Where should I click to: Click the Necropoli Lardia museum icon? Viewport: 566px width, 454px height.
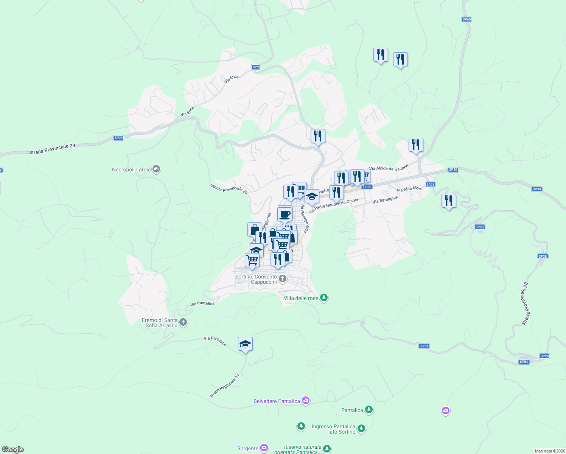coord(156,169)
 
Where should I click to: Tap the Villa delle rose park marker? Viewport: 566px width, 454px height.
coord(323,298)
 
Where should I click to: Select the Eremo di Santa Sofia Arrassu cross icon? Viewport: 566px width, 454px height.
coord(183,323)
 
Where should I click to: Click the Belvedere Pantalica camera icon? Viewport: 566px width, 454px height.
coord(306,401)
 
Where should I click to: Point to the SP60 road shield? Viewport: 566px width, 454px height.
coord(466,19)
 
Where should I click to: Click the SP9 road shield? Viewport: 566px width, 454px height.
coord(256,67)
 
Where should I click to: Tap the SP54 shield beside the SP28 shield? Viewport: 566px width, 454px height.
coord(524,362)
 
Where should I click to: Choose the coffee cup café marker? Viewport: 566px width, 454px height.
coord(285,215)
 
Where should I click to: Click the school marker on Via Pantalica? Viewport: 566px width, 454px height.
coord(245,344)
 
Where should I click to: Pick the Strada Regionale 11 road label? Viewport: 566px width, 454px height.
coord(225,386)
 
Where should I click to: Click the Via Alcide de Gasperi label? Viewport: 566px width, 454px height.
coord(389,168)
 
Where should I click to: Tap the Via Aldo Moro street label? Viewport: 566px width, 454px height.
coord(410,189)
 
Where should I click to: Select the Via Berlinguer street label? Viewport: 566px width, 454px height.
coord(385,199)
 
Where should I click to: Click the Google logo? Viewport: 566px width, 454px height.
coord(12,449)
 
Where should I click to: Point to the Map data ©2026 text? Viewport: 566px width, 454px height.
coord(550,451)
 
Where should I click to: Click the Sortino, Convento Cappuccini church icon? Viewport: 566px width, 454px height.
coord(282,280)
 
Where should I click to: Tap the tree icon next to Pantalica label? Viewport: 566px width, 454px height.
coord(369,410)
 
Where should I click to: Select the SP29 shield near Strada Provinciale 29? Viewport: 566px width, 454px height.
coord(118,138)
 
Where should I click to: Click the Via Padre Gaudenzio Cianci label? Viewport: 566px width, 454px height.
coord(333,205)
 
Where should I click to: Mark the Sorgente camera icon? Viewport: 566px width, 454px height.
coord(264,448)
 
